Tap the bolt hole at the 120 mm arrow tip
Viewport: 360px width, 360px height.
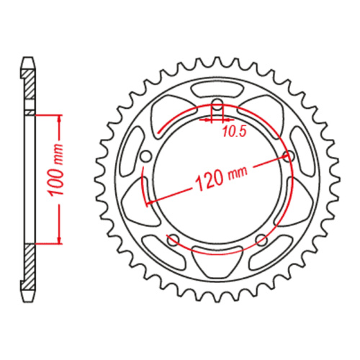pyautogui.click(x=289, y=156)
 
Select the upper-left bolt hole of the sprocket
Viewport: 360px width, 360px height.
pyautogui.click(x=146, y=156)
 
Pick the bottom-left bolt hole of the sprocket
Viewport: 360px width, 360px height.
pyautogui.click(x=173, y=239)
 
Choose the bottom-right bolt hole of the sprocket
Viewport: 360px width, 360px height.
pyautogui.click(x=261, y=240)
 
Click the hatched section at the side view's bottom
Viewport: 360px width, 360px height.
pyautogui.click(x=28, y=272)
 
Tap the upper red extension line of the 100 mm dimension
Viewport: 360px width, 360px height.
pyautogui.click(x=47, y=114)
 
